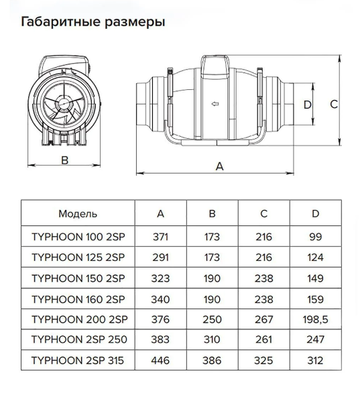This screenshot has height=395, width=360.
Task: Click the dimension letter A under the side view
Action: pyautogui.click(x=219, y=166)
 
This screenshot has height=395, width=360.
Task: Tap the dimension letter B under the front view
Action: pyautogui.click(x=65, y=160)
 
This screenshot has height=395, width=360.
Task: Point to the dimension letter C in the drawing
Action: pyautogui.click(x=334, y=104)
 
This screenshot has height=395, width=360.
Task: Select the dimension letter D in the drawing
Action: pyautogui.click(x=308, y=105)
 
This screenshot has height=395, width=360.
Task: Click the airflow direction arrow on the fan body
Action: pyautogui.click(x=215, y=103)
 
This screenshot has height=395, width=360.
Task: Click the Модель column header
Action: pyautogui.click(x=78, y=214)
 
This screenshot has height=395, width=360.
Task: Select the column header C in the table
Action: pyautogui.click(x=263, y=214)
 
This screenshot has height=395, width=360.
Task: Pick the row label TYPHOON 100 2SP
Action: pyautogui.click(x=78, y=237)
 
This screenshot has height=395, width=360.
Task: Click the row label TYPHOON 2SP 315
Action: pyautogui.click(x=78, y=361)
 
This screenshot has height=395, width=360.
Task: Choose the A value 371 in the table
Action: pyautogui.click(x=160, y=237)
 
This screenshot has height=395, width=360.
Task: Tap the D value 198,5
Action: pyautogui.click(x=315, y=319)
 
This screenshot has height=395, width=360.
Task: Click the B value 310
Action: pyautogui.click(x=212, y=339)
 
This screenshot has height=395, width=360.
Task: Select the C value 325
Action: pyautogui.click(x=263, y=361)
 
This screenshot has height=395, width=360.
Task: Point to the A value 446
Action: pyautogui.click(x=160, y=361)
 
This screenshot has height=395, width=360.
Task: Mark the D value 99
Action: pyautogui.click(x=315, y=237)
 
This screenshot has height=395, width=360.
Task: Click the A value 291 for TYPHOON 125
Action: pyautogui.click(x=160, y=258)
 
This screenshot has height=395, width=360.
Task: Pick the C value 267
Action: pyautogui.click(x=263, y=319)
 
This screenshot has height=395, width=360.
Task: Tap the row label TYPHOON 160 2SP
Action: pyautogui.click(x=78, y=299)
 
